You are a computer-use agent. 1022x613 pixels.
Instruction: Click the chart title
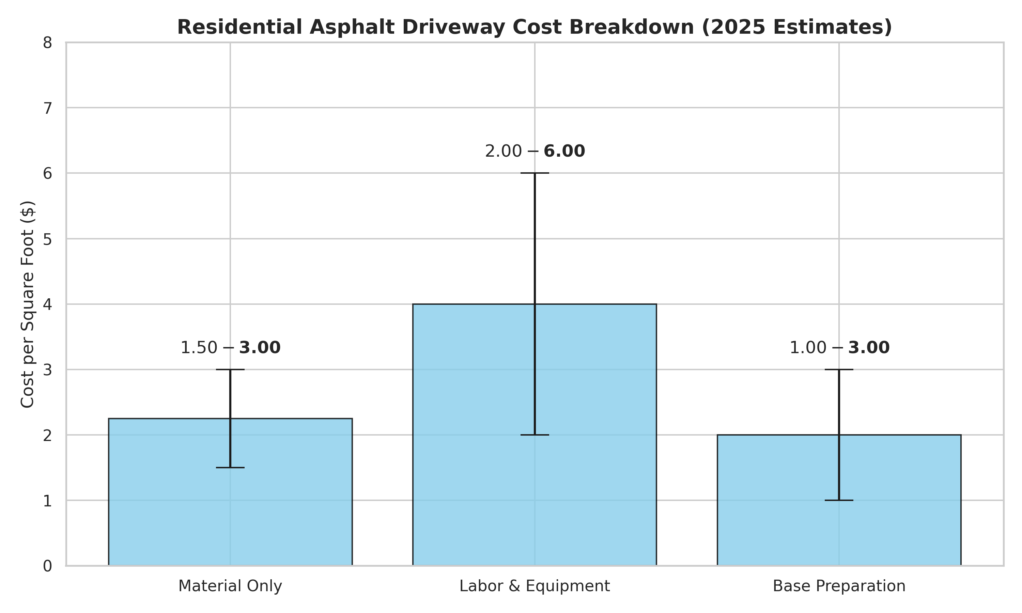[535, 27]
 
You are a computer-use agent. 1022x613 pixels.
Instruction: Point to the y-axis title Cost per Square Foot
[28, 304]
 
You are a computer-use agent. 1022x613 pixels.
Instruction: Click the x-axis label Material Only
[230, 586]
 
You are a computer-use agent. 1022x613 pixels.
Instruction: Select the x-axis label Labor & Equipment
[535, 586]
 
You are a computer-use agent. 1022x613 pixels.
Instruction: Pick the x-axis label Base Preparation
[839, 586]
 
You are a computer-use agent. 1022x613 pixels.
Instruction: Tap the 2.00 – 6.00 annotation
[535, 152]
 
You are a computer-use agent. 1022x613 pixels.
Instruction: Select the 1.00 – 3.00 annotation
[839, 348]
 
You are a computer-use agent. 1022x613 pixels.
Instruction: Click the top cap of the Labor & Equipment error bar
[535, 173]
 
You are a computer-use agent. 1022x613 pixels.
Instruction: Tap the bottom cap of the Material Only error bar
[230, 468]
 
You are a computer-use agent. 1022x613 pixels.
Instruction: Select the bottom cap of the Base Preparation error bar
[839, 500]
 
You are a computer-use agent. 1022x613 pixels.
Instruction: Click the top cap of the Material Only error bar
[230, 369]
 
